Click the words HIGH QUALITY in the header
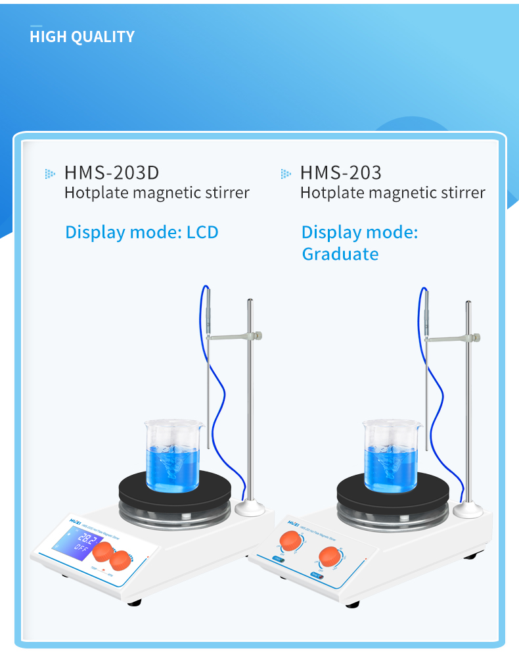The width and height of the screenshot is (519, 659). click(82, 37)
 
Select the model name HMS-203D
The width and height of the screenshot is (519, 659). click(112, 173)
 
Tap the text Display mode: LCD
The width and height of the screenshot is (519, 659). click(141, 232)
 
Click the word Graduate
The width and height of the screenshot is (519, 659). click(340, 254)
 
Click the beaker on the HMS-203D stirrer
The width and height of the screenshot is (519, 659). click(171, 456)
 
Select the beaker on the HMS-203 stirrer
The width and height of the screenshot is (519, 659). click(392, 456)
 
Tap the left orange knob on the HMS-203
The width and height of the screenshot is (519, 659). click(290, 542)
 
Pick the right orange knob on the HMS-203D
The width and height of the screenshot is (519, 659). click(122, 560)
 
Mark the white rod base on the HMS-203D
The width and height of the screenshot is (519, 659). click(250, 508)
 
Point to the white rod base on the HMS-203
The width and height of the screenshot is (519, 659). click(469, 509)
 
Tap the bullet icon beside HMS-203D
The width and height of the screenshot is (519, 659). click(49, 174)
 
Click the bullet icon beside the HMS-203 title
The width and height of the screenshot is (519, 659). click(285, 174)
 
